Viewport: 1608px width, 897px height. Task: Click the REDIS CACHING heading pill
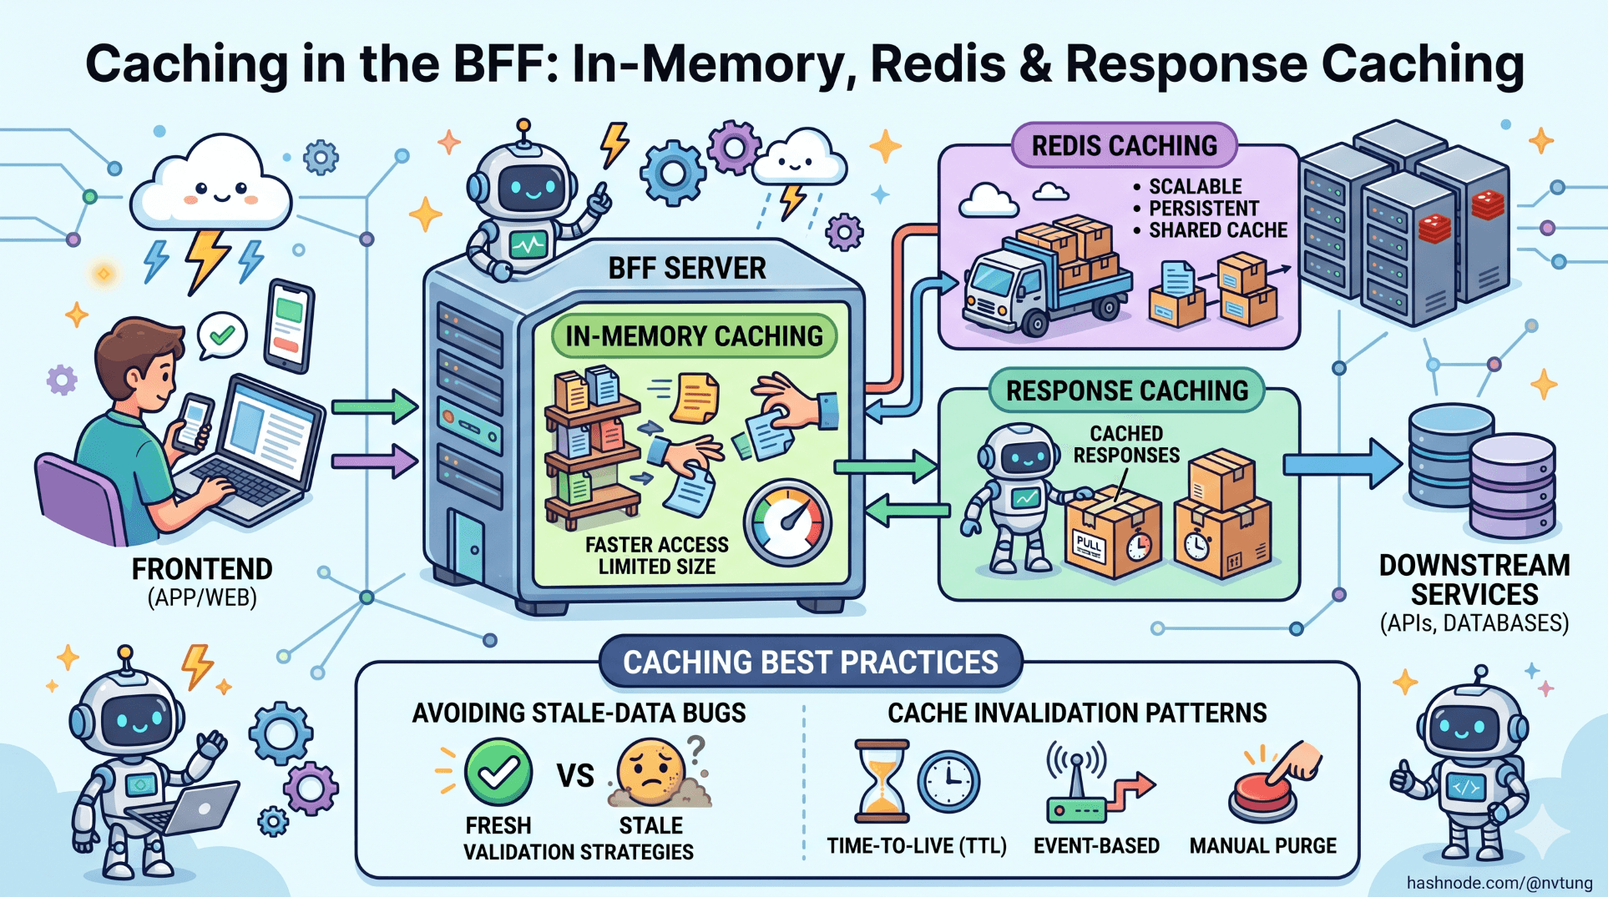pyautogui.click(x=1124, y=146)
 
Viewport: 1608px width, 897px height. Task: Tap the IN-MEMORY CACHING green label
pyautogui.click(x=694, y=336)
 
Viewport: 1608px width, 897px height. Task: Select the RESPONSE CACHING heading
pyautogui.click(x=1126, y=391)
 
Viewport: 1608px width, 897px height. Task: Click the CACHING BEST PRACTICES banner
pyautogui.click(x=810, y=662)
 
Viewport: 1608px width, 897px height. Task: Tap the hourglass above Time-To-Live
pyautogui.click(x=881, y=781)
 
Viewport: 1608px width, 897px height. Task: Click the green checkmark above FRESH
pyautogui.click(x=498, y=772)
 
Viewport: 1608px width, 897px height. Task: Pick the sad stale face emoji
pyautogui.click(x=650, y=771)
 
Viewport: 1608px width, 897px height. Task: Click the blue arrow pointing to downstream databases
pyautogui.click(x=1341, y=465)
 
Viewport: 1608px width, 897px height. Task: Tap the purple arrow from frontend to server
pyautogui.click(x=373, y=461)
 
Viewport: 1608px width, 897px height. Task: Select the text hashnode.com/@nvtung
pyautogui.click(x=1499, y=883)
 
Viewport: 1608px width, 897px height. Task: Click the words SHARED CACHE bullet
pyautogui.click(x=1217, y=230)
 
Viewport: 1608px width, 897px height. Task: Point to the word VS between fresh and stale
pyautogui.click(x=575, y=776)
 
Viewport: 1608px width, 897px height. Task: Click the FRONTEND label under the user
pyautogui.click(x=202, y=569)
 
